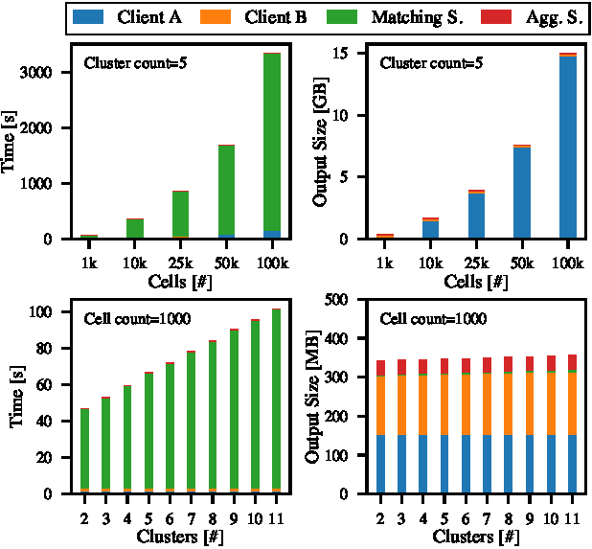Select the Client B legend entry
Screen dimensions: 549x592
pyautogui.click(x=270, y=17)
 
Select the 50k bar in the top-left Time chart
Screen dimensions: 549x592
pyautogui.click(x=226, y=192)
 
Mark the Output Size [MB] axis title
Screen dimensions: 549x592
pyautogui.click(x=313, y=397)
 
